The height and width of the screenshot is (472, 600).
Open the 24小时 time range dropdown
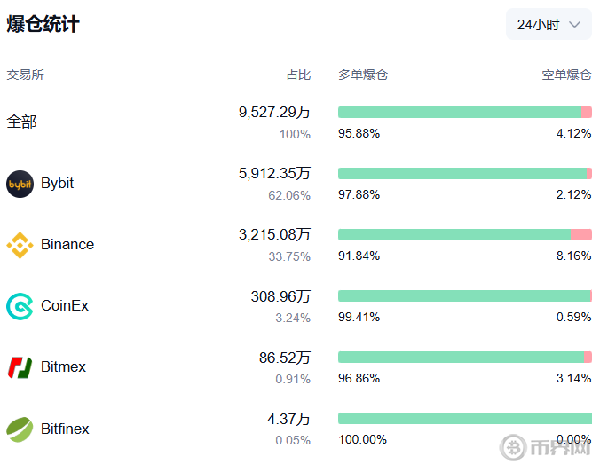(549, 25)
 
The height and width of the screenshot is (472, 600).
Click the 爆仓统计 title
(43, 25)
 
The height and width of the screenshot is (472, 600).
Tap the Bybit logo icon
(20, 184)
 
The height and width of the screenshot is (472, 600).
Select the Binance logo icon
(20, 245)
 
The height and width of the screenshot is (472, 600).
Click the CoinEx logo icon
(20, 306)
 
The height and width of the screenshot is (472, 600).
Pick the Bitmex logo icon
(20, 367)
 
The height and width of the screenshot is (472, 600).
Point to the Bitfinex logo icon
(20, 429)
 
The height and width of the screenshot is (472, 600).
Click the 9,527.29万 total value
(274, 113)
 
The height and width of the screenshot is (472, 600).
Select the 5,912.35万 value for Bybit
(274, 174)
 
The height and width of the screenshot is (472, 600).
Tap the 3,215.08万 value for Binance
(274, 235)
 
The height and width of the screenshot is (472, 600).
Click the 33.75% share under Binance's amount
(289, 256)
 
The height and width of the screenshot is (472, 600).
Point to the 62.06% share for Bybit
(289, 195)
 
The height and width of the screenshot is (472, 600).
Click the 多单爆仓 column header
(363, 75)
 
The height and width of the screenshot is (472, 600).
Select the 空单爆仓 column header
(566, 75)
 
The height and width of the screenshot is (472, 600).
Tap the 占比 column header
(298, 75)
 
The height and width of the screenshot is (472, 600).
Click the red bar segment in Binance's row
(581, 234)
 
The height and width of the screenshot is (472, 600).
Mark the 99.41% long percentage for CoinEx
(359, 317)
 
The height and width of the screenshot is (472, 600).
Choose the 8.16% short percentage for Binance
(573, 256)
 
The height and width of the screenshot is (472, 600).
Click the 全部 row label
(22, 122)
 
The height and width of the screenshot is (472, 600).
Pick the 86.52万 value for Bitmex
(284, 358)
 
